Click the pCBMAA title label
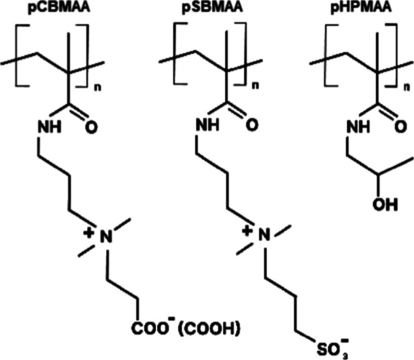[59, 7]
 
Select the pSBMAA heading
[212, 7]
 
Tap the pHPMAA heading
[361, 7]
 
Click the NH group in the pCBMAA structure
[50, 127]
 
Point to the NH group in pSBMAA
[208, 125]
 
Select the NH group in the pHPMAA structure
[358, 127]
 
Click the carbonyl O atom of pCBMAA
[92, 128]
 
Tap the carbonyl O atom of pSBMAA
[252, 125]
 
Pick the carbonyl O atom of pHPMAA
[401, 128]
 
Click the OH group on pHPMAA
[385, 204]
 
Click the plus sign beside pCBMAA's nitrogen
[89, 233]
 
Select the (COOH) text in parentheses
[209, 329]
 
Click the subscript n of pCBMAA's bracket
[97, 88]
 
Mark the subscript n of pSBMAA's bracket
[255, 86]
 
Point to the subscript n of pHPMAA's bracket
[408, 88]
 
